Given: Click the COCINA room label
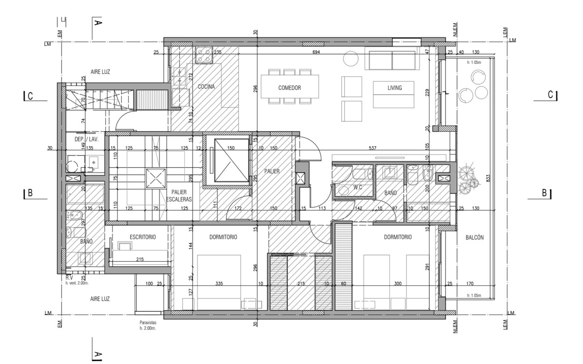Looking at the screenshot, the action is [x=206, y=86].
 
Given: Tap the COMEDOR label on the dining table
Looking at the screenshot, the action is [x=289, y=88].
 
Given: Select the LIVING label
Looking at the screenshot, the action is [x=395, y=88].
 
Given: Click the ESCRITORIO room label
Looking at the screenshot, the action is [x=142, y=237].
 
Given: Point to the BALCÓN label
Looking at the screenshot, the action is [x=474, y=237].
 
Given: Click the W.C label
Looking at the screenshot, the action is [x=357, y=187].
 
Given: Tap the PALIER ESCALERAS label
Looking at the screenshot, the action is [x=179, y=196].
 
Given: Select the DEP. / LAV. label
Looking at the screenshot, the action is [x=86, y=139].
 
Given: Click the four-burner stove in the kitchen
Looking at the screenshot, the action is [x=204, y=55].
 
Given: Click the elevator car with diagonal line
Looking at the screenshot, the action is [x=231, y=160].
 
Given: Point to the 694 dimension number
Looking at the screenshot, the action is [x=316, y=52].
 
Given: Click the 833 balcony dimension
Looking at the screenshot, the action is [x=488, y=178].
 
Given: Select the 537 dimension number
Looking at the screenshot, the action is [x=372, y=148].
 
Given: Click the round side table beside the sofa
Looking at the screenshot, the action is [x=351, y=58].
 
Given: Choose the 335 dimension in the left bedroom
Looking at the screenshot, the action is [x=219, y=283].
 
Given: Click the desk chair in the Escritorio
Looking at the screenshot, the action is [x=125, y=245].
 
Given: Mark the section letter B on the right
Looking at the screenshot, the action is [x=544, y=193].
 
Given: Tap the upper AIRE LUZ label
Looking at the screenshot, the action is [x=100, y=71].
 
